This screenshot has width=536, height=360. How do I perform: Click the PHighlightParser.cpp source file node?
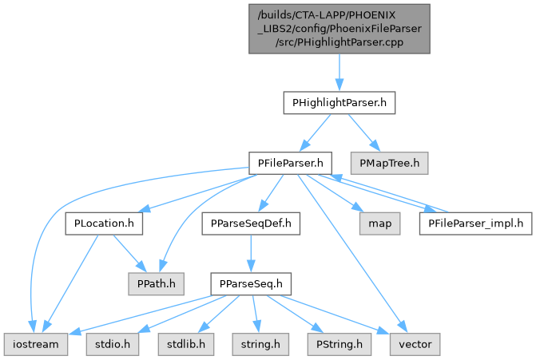pos(339,29)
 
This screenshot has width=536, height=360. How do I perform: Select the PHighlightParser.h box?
pos(339,103)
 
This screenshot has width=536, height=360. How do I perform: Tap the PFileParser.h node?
pos(289,163)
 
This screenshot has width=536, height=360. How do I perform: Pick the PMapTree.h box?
pos(388,163)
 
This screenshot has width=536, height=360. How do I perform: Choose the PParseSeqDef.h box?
pos(251,223)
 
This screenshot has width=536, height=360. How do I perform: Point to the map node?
pos(379,223)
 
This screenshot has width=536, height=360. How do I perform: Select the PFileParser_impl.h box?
pos(474,223)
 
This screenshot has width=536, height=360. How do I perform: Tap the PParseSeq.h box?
pos(251,283)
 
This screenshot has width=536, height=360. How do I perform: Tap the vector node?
pos(414,343)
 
